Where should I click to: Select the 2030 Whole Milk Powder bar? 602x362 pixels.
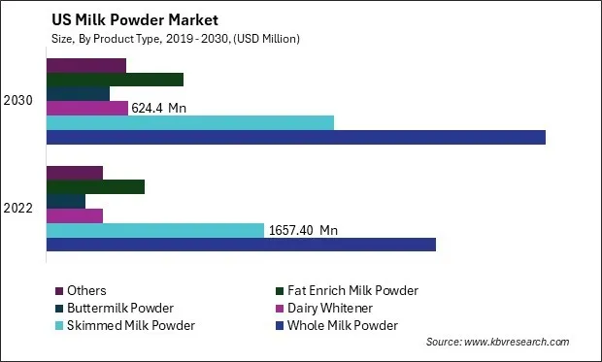click(296, 137)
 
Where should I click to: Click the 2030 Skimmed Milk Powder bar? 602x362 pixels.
click(190, 122)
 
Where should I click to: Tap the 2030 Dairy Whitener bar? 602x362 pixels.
click(87, 108)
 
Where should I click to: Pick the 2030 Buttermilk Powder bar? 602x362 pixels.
click(78, 93)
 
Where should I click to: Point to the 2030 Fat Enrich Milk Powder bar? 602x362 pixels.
click(115, 80)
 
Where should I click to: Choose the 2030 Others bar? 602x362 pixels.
click(86, 65)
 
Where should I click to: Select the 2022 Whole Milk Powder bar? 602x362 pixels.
click(241, 244)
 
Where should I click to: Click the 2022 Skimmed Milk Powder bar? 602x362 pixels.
click(155, 230)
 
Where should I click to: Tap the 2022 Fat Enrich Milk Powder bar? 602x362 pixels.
click(95, 186)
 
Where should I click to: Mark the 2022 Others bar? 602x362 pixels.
click(75, 173)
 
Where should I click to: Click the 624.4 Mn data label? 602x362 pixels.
click(158, 108)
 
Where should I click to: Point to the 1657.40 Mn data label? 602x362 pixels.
click(303, 230)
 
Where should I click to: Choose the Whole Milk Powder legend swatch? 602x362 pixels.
click(281, 325)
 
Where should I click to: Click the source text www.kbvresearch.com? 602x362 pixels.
click(497, 343)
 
